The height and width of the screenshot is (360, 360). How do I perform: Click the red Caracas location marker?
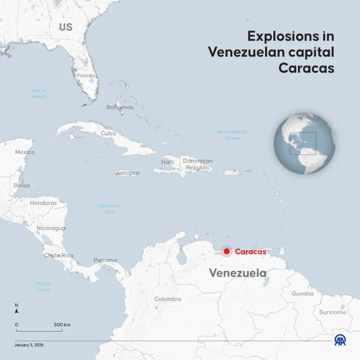coord(227,251)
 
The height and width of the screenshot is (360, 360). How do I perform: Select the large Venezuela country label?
coord(238,273)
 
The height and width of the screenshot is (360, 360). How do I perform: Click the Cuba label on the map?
coord(108,134)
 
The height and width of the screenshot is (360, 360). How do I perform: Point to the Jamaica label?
coord(127,173)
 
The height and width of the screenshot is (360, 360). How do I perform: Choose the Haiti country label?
coord(168,162)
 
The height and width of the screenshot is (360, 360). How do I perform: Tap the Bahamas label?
coord(120,107)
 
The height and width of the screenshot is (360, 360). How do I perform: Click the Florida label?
coord(86,76)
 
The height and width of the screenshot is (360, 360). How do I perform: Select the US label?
coord(65,27)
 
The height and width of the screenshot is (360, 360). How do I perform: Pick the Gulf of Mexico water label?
coord(39,94)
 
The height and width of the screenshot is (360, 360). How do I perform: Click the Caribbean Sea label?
coord(109,209)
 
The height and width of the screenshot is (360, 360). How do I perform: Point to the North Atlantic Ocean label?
coord(232,135)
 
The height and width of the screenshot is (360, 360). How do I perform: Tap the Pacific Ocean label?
coord(44,287)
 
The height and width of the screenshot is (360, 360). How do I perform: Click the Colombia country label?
coord(168,299)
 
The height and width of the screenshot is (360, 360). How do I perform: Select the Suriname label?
coord(333,312)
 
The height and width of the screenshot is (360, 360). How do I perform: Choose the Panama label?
coord(105,261)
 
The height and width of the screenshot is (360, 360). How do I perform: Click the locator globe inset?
coord(304,143)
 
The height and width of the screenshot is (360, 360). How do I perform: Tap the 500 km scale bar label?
coord(62,325)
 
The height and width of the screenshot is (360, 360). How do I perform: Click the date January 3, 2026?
coord(29,345)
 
